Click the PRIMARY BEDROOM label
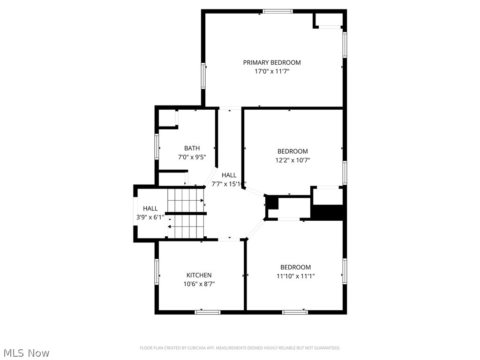pyautogui.click(x=272, y=62)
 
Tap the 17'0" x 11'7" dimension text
pyautogui.click(x=272, y=72)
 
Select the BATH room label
pyautogui.click(x=192, y=148)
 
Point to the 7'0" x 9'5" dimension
pyautogui.click(x=192, y=157)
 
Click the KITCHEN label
pyautogui.click(x=199, y=275)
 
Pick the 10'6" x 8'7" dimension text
pyautogui.click(x=199, y=284)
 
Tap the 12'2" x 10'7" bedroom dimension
pyautogui.click(x=292, y=160)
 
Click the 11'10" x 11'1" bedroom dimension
pyautogui.click(x=295, y=276)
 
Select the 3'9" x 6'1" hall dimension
pyautogui.click(x=150, y=217)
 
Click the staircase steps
pyautogui.click(x=186, y=213)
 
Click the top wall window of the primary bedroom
pyautogui.click(x=277, y=11)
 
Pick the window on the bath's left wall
pyautogui.click(x=157, y=147)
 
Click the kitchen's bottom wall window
pyautogui.click(x=207, y=312)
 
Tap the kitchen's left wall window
pyautogui.click(x=157, y=272)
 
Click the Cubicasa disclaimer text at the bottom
pyautogui.click(x=240, y=348)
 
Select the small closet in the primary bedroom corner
pyautogui.click(x=330, y=20)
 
